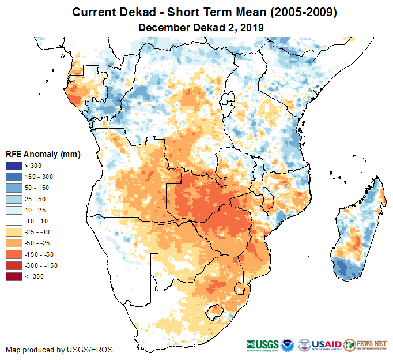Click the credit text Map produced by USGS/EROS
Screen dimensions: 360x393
click(59, 350)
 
